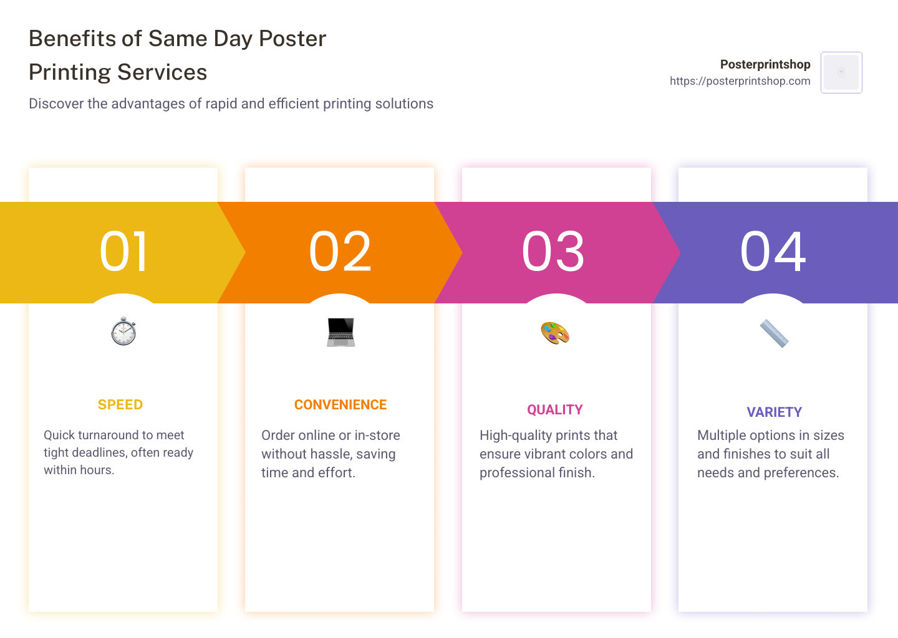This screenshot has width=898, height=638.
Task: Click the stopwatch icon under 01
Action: click(123, 331)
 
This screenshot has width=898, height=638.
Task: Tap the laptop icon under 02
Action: click(340, 332)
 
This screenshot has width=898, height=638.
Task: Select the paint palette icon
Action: click(555, 333)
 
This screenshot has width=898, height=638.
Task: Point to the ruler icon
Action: click(774, 333)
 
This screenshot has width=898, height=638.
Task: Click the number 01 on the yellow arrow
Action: click(123, 252)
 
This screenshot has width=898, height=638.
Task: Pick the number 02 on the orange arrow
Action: click(340, 252)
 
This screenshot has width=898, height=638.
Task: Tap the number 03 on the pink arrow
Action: click(553, 252)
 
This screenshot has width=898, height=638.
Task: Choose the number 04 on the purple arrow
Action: click(773, 252)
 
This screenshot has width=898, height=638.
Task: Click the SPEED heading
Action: click(120, 404)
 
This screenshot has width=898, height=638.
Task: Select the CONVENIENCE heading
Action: click(340, 404)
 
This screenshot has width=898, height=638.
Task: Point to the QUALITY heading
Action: click(555, 410)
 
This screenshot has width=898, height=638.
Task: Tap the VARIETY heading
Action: click(774, 412)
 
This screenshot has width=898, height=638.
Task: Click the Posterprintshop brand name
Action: click(765, 64)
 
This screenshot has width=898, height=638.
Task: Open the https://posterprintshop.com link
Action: click(740, 81)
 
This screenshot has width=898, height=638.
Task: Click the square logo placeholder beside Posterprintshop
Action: click(841, 72)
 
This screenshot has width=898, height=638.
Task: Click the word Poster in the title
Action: click(292, 39)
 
